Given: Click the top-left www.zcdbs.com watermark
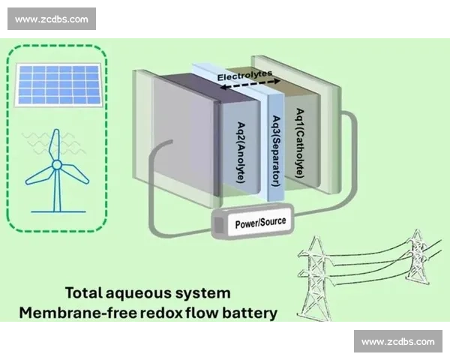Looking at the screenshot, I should coord(51,19).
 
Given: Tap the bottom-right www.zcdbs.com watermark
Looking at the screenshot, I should coord(397,342).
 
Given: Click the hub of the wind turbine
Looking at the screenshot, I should coord(56,165).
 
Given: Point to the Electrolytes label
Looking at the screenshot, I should coord(243,76).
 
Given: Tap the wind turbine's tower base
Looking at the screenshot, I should coord(57,209).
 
